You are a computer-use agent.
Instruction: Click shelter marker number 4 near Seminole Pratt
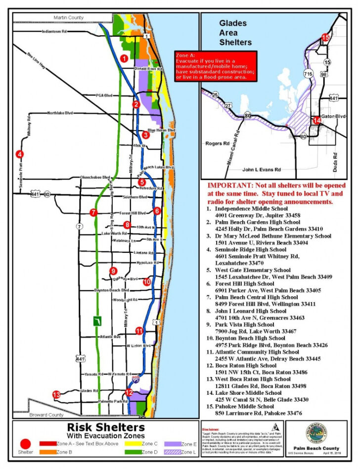(x=19, y=154)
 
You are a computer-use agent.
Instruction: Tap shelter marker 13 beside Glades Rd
(x=56, y=394)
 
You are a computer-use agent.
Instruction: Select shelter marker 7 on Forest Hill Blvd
(x=92, y=213)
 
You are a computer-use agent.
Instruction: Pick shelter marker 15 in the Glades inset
(x=325, y=37)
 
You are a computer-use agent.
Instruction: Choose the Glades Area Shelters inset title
(x=235, y=33)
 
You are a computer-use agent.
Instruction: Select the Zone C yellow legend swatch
(x=134, y=444)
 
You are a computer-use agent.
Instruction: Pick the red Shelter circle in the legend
(x=25, y=444)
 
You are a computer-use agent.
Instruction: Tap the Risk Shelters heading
(x=106, y=427)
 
